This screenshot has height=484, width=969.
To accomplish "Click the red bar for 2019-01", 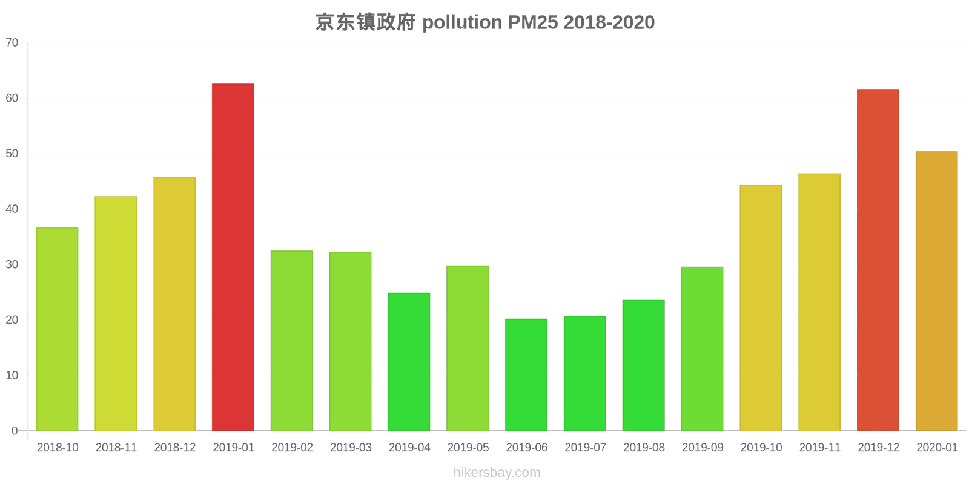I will (x=233, y=257).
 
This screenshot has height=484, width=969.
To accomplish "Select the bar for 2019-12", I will (x=878, y=260).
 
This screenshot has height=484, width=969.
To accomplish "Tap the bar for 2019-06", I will (x=526, y=375).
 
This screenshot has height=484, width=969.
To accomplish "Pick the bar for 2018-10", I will (x=57, y=329).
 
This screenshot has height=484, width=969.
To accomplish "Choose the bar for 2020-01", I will (x=936, y=291).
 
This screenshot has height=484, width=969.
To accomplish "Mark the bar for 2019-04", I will (x=409, y=362).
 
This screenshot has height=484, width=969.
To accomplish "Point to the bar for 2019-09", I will (x=702, y=348).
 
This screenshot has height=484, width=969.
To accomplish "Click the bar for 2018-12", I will (x=174, y=304).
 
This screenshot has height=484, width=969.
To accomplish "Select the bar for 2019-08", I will (x=643, y=365).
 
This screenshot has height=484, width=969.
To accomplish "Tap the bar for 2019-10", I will (x=761, y=307).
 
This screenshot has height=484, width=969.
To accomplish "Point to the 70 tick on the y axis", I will (x=12, y=43).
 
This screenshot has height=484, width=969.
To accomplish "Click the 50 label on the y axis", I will (x=12, y=154).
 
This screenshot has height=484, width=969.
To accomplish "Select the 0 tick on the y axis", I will (x=15, y=431).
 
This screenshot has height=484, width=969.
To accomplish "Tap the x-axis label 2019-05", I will (x=468, y=448).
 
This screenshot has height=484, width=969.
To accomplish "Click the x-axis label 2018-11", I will (x=116, y=448).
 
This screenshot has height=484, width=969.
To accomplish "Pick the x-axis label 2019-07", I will (x=585, y=448).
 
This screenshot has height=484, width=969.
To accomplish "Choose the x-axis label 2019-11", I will (x=819, y=448).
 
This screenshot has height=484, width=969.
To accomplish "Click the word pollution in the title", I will (x=462, y=22).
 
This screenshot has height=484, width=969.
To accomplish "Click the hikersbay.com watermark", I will (x=497, y=473).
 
